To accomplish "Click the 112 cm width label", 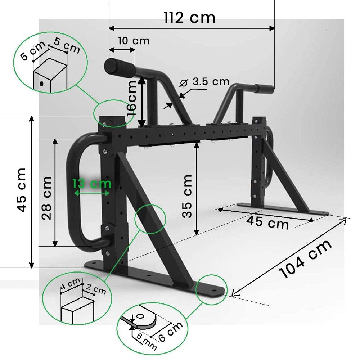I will [x=189, y=17].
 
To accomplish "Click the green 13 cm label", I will [x=91, y=184].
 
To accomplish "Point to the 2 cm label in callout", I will [x=95, y=289].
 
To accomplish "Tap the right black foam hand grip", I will [x=264, y=87].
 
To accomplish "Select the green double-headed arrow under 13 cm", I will [x=91, y=193].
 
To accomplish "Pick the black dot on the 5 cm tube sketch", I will [x=42, y=84].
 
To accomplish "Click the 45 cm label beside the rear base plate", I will [x=267, y=221].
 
